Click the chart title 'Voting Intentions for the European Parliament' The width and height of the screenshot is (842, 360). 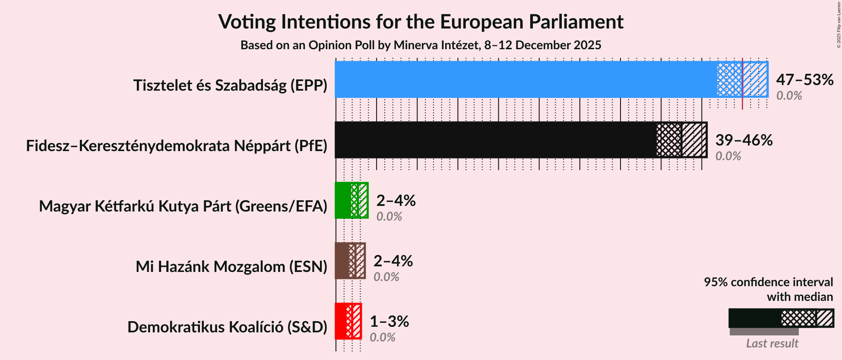421,22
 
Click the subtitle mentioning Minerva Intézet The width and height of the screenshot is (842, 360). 421,45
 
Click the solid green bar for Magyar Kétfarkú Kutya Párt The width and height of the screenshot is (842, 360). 343,200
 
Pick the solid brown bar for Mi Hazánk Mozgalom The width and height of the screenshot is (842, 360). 342,261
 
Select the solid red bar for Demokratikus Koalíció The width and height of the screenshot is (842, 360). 340,321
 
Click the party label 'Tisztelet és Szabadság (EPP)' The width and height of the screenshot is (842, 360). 230,85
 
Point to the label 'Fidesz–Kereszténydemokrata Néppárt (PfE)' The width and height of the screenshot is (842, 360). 177,146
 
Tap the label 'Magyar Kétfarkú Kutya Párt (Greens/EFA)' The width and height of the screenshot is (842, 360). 183,206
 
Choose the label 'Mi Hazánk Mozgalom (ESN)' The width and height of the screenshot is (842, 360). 231,267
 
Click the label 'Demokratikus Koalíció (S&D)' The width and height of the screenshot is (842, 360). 227,327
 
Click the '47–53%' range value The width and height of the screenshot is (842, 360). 804,80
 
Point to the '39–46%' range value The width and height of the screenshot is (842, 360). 744,140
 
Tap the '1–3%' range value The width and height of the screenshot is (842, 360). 389,322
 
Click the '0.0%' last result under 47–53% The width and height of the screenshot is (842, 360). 789,96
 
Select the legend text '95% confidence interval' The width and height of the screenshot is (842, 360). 768,282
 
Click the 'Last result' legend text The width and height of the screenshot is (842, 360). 772,344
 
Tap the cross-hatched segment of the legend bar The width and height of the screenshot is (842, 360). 798,319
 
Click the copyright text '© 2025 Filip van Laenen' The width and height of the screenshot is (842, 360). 839,24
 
